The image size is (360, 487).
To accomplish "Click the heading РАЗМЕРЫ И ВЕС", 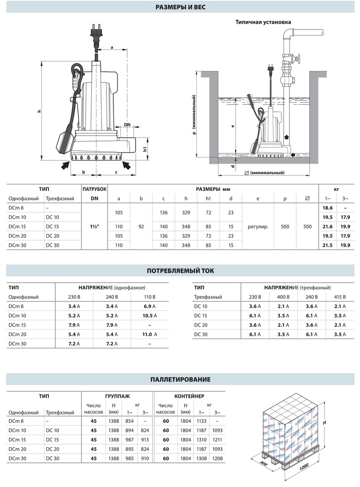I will (180, 7).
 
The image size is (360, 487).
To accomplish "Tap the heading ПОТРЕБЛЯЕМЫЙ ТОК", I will (180, 270).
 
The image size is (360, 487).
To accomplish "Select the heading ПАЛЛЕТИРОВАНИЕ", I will (180, 379).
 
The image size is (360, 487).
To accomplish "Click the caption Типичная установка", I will (263, 22).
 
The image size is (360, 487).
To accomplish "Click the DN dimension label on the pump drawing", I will (127, 125).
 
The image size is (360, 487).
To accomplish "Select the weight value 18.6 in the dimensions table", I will (327, 209).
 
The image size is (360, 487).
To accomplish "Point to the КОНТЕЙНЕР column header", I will (189, 396).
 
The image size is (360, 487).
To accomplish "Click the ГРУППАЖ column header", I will (117, 396).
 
